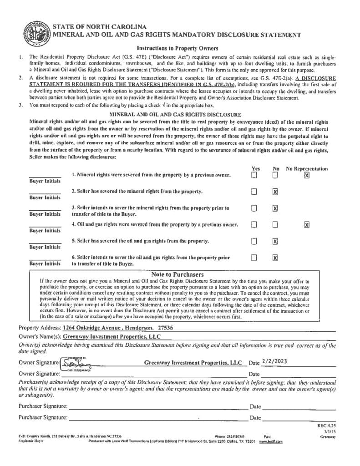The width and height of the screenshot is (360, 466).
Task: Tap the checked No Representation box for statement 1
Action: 307,176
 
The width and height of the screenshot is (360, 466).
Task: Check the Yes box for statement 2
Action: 255,192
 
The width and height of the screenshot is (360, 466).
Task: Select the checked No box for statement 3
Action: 275,208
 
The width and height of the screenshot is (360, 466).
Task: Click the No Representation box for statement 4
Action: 307,224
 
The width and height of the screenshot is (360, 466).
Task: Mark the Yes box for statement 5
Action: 255,241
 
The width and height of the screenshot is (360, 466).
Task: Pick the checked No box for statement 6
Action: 275,258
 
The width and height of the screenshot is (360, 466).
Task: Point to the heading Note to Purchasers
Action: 177,275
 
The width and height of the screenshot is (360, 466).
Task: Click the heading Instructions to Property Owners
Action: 177,48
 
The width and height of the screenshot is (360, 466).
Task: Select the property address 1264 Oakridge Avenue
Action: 95,328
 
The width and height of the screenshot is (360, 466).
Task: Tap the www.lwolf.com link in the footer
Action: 271,441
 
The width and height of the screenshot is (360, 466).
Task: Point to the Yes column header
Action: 256,168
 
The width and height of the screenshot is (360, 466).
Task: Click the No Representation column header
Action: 307,168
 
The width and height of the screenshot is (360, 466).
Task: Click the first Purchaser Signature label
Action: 43,406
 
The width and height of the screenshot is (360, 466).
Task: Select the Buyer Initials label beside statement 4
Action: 45,231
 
